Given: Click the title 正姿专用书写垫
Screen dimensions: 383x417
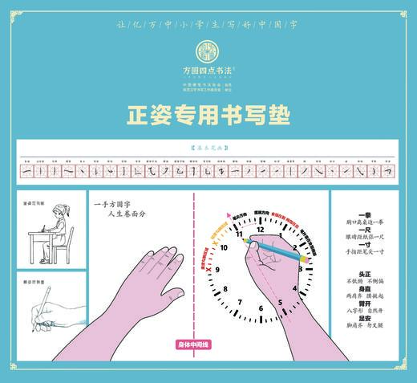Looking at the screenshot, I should click(x=208, y=116).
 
